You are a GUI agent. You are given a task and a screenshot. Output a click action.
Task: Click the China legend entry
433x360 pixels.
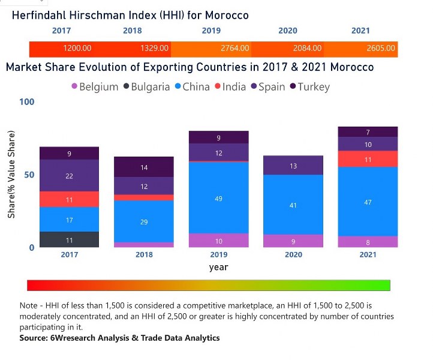tap(192, 87)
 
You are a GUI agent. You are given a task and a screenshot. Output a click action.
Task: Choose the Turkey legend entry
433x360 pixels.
tap(309, 87)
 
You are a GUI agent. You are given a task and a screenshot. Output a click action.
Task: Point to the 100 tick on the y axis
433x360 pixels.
tap(27, 102)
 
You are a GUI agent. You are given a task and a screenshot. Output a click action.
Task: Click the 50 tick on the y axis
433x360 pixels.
tap(29, 175)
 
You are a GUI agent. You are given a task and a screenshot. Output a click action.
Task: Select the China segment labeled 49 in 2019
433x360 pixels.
tap(218, 198)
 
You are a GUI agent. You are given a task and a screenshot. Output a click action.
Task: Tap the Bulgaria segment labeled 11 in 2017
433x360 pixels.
tap(69, 240)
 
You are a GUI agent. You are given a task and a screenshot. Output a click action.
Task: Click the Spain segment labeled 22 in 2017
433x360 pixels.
tap(69, 176)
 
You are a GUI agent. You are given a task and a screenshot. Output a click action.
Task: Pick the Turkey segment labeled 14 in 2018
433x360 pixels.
tap(143, 167)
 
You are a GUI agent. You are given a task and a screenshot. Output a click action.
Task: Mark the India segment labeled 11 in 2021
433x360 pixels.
tap(368, 159)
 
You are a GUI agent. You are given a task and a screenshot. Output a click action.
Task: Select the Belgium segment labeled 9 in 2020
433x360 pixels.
tap(293, 242)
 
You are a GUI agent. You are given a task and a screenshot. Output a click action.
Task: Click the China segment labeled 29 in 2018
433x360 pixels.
tap(143, 221)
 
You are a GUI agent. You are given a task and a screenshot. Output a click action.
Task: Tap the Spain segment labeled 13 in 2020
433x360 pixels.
tap(293, 166)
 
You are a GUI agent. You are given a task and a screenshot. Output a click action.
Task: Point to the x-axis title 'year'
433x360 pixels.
tap(218, 267)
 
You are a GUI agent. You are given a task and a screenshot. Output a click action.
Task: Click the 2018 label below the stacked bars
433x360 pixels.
tap(143, 254)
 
